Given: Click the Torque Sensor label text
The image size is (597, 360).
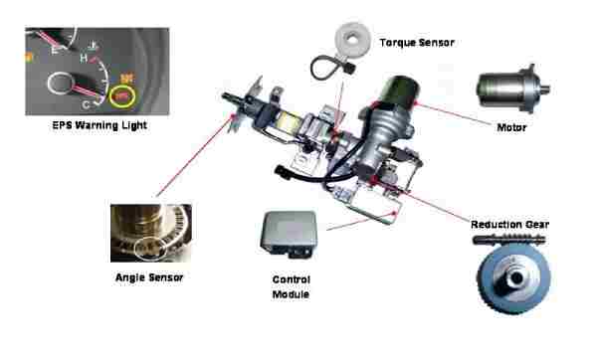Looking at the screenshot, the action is (x=417, y=42).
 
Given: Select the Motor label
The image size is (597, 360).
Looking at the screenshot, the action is (x=511, y=127).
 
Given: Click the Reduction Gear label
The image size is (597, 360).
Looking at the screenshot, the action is (x=509, y=225).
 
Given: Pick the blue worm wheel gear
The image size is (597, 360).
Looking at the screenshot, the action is (x=514, y=277).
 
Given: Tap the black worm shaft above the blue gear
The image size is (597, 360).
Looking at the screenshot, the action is (x=509, y=240).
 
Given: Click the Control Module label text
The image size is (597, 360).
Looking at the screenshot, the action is (x=292, y=287).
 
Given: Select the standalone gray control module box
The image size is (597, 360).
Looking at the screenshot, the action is (x=289, y=234).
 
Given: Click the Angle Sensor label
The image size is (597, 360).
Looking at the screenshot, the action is (x=149, y=277).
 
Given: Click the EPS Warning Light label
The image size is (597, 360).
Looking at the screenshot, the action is (x=99, y=125).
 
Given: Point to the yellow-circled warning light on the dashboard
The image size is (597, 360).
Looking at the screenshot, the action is (x=121, y=96).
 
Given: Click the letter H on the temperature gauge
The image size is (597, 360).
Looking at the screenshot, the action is (x=84, y=59).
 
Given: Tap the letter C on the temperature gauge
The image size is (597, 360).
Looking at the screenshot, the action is (x=86, y=103).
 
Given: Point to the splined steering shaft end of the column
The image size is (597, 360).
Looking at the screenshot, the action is (x=231, y=98).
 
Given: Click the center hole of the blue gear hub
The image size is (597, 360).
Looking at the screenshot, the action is (x=516, y=278).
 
